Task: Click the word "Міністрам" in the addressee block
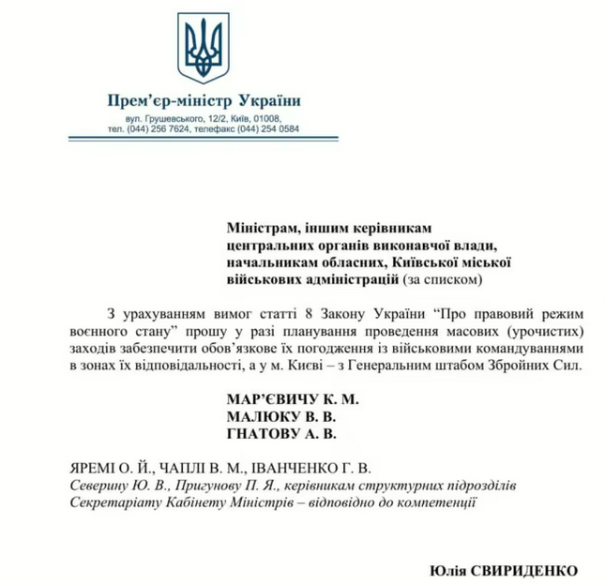click(x=262, y=227)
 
